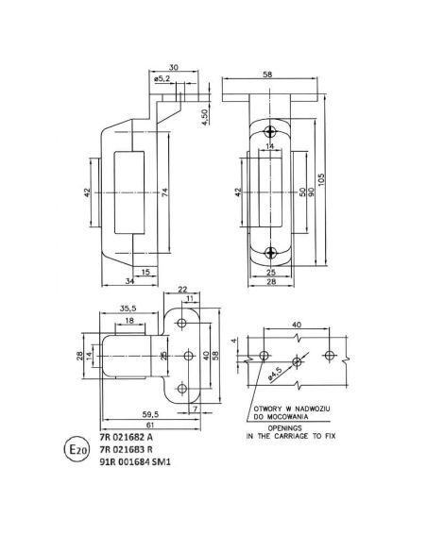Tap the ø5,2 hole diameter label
pyautogui.click(x=161, y=80)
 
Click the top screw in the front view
pyautogui.click(x=272, y=131)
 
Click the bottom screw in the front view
pyautogui.click(x=272, y=252)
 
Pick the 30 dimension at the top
pyautogui.click(x=172, y=66)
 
